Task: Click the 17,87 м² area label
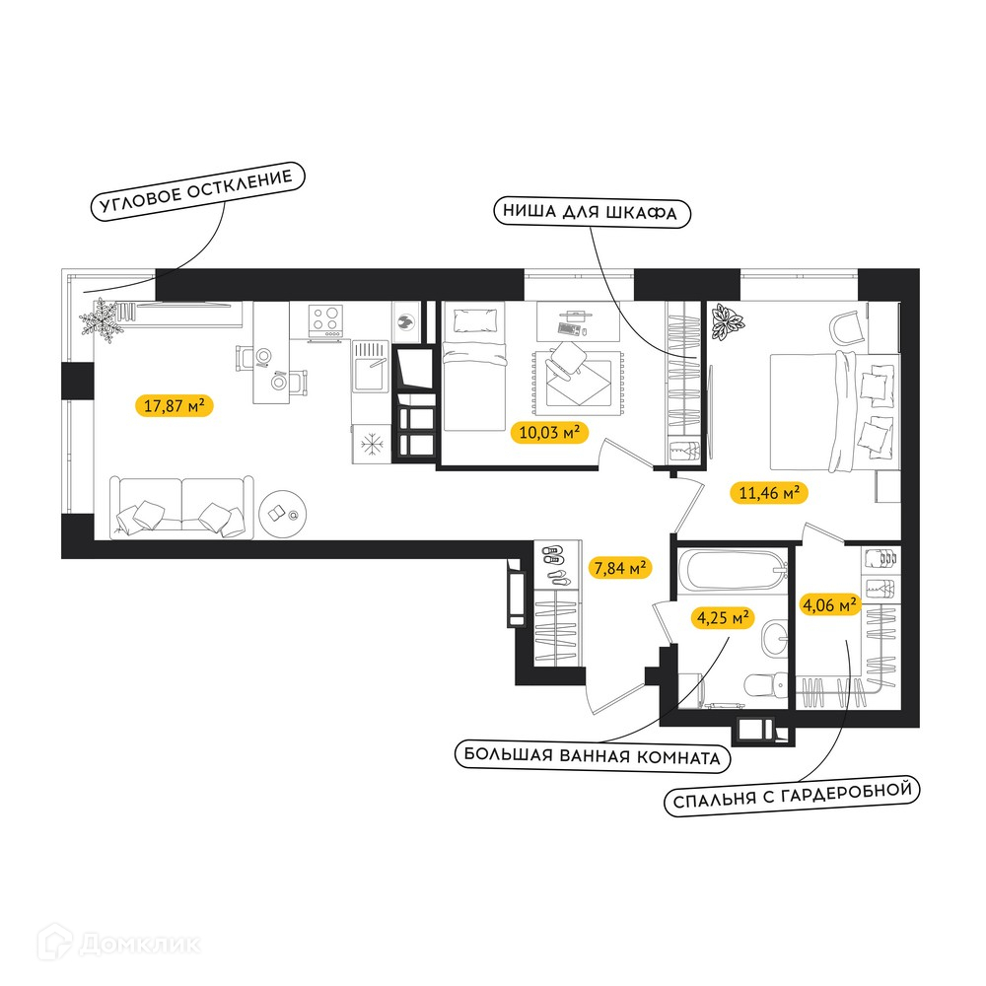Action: tap(175, 405)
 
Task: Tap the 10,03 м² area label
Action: tap(549, 432)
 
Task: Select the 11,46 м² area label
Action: tap(768, 492)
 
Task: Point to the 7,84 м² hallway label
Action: tap(620, 568)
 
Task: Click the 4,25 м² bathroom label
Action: tap(723, 617)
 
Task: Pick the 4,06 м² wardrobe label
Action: tap(829, 605)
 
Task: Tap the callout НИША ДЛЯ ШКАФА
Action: tap(592, 212)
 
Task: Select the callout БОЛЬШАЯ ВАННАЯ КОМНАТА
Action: tap(593, 756)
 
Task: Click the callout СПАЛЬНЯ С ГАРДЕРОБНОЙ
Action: tap(792, 796)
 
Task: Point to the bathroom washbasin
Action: tap(775, 638)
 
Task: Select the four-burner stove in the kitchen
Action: tap(325, 318)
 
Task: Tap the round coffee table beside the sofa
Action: tap(283, 515)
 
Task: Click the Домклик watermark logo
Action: tap(118, 944)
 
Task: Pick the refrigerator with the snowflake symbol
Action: tap(372, 444)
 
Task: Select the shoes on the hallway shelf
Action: tap(554, 564)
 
